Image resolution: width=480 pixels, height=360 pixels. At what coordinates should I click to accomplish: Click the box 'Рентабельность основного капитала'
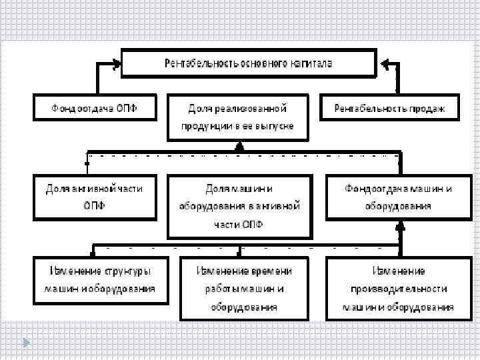click(249, 63)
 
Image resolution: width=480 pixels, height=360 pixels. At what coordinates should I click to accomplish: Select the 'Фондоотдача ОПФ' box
click(94, 107)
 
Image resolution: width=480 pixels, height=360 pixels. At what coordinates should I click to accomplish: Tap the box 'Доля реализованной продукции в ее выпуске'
click(238, 117)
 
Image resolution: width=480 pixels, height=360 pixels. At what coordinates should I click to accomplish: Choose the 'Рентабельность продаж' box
click(389, 107)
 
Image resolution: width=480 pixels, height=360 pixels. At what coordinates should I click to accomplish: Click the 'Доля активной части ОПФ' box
click(94, 197)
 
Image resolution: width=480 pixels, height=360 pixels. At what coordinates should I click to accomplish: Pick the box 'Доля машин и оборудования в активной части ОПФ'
click(238, 206)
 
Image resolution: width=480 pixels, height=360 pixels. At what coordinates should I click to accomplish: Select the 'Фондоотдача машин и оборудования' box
click(398, 197)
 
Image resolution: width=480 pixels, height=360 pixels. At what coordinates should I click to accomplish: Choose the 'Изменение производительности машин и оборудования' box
click(398, 289)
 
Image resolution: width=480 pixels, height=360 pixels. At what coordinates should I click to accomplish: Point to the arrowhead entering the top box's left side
click(117, 64)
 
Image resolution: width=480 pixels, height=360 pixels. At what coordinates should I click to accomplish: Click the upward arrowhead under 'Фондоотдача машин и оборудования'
click(399, 227)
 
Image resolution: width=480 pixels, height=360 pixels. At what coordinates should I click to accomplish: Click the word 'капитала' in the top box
click(311, 63)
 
